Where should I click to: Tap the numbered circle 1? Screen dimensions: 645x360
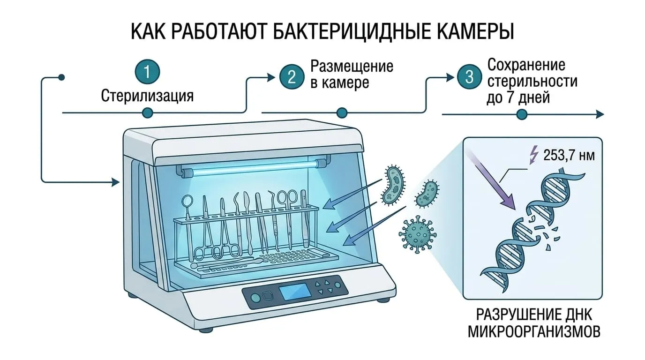click(147, 71)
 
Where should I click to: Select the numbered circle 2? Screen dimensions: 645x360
click(292, 77)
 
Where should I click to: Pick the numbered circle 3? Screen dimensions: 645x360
click(470, 77)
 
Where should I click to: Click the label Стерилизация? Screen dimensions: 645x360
click(147, 96)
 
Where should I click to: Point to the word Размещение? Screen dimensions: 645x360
click(352, 67)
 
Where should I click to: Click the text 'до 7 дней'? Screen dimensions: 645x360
click(518, 97)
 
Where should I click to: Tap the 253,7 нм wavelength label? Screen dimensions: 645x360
click(569, 156)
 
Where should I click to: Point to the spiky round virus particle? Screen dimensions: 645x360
click(418, 234)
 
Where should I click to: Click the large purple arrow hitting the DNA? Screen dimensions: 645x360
click(490, 179)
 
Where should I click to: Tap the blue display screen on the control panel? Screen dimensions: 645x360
click(295, 291)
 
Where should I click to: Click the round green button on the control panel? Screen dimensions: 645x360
click(255, 298)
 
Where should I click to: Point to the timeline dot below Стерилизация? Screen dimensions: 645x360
click(148, 112)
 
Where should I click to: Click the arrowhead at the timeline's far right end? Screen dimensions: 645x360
click(600, 114)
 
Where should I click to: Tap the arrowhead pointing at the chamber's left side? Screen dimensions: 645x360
click(115, 182)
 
